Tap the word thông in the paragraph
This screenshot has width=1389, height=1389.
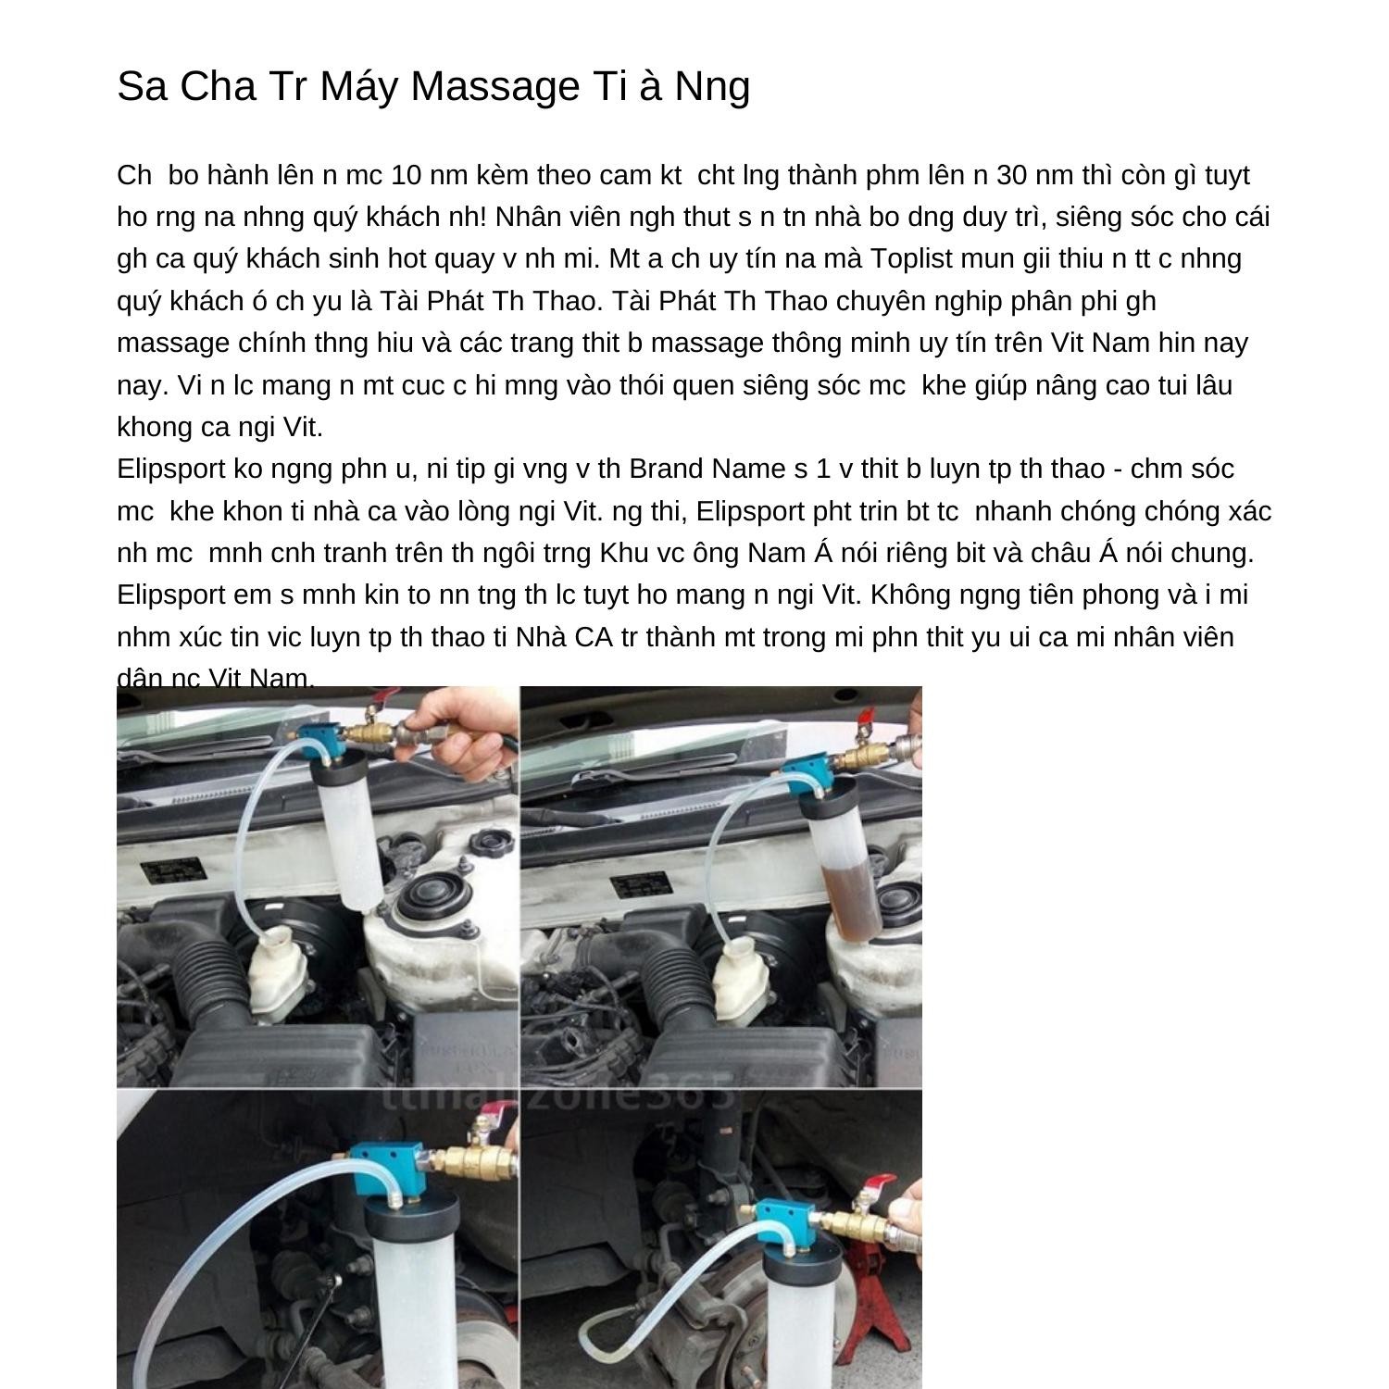(814, 343)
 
